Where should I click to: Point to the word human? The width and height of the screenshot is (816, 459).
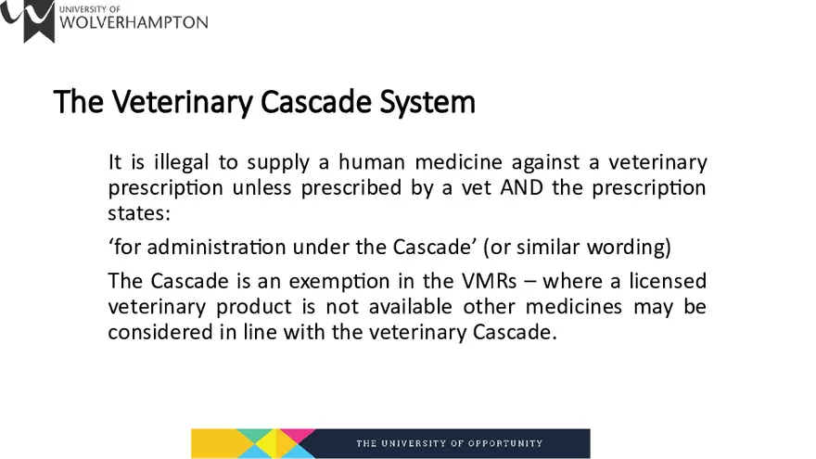point(372,163)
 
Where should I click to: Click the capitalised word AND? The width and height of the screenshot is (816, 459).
point(527,188)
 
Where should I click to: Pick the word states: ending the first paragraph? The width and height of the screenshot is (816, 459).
point(136,213)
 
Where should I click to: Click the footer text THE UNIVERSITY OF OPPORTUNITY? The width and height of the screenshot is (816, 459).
point(450,443)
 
